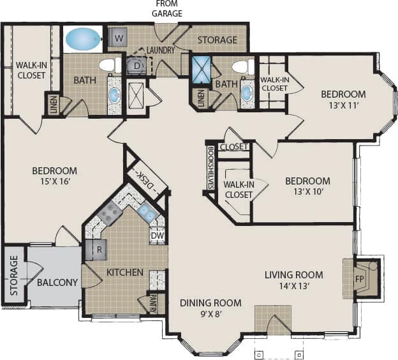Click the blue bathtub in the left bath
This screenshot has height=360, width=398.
coord(82,38)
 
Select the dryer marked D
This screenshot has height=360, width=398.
coord(136,64)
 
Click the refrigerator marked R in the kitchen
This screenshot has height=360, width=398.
coord(98,250)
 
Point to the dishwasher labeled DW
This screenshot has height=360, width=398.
coord(157,236)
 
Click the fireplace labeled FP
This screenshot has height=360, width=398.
coord(358,278)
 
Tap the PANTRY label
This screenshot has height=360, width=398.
coord(153,302)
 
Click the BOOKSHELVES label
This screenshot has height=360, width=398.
coord(210,168)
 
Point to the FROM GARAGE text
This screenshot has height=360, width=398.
coord(167,9)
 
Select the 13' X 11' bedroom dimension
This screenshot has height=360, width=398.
coord(343,107)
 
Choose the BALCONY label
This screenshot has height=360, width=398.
coord(57,282)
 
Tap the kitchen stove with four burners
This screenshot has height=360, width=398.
coord(110,213)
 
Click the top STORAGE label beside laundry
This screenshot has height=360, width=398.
coord(217,40)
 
